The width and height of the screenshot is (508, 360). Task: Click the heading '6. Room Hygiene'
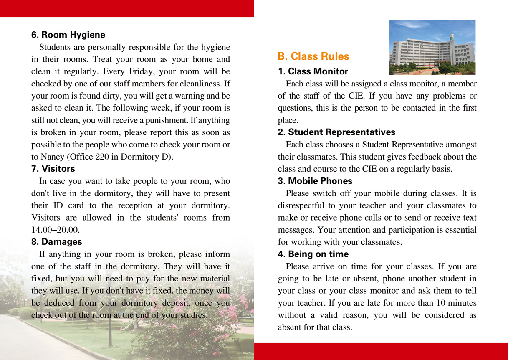[x=68, y=35]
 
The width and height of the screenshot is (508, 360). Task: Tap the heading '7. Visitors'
[x=53, y=169]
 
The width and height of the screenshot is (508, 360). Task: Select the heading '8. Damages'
[x=56, y=242]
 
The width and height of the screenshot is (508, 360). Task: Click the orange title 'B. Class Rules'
[x=313, y=56]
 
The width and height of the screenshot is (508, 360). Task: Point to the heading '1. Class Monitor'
[x=313, y=71]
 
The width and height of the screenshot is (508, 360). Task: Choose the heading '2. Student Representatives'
[x=336, y=132]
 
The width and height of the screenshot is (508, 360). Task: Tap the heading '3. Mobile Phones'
[x=315, y=181]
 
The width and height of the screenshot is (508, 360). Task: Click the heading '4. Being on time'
[x=313, y=254]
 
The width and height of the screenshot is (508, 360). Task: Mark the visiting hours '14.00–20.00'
[x=55, y=230]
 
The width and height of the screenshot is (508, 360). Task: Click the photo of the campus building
[x=432, y=47]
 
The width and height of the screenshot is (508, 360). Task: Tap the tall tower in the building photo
[x=452, y=48]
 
